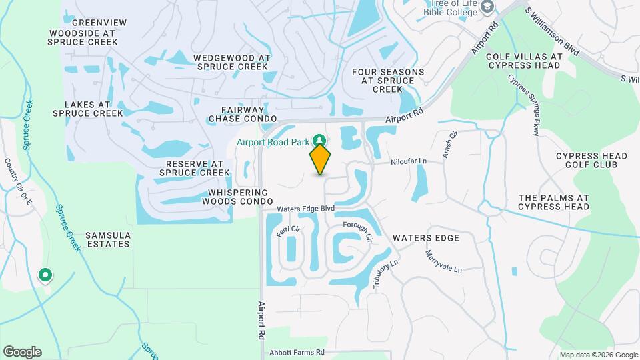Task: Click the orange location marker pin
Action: tap(321, 159)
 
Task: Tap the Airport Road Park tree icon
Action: tap(321, 140)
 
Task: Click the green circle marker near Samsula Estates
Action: tap(45, 275)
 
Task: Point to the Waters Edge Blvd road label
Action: tap(305, 209)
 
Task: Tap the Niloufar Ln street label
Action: tap(407, 161)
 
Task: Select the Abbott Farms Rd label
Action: tap(297, 352)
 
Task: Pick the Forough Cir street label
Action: tap(357, 233)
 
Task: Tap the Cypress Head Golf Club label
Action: tap(591, 161)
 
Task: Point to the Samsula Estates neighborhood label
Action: tap(107, 240)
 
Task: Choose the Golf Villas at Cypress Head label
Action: tap(523, 61)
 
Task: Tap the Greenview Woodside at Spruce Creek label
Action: tap(83, 32)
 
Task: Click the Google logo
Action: tap(22, 351)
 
